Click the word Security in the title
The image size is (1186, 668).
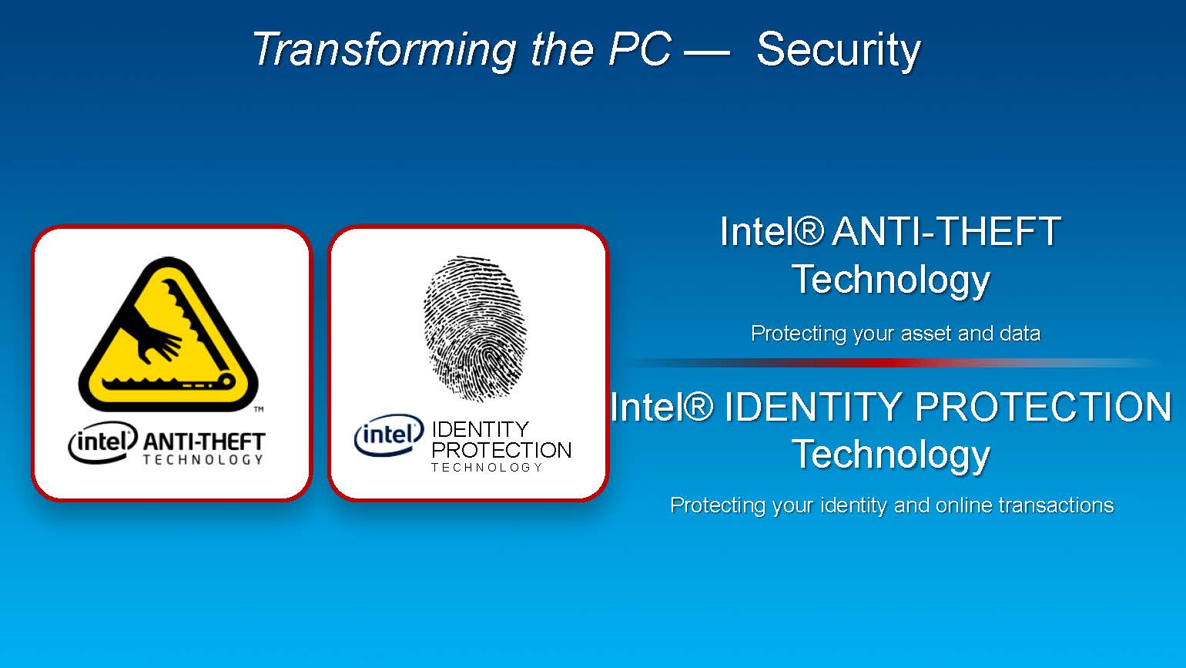[839, 50]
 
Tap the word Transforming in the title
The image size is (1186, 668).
[384, 50]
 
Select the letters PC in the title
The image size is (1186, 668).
[639, 49]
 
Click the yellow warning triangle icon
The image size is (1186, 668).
[169, 334]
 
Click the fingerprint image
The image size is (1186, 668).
[475, 328]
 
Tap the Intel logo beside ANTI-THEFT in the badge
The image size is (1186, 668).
[102, 441]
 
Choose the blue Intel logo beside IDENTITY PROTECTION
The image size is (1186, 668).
[389, 435]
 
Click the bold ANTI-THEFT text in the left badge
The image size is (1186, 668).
[204, 441]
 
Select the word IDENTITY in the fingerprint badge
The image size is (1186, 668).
[481, 429]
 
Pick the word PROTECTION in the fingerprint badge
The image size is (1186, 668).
[501, 450]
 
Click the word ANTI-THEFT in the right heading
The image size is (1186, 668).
[946, 231]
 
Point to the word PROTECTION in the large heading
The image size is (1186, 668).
[1043, 407]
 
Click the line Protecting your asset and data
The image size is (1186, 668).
[896, 334]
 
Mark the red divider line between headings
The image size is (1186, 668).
[895, 363]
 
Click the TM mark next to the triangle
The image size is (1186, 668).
[259, 409]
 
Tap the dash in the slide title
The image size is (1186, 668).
[707, 52]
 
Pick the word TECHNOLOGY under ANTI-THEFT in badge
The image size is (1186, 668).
[203, 460]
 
